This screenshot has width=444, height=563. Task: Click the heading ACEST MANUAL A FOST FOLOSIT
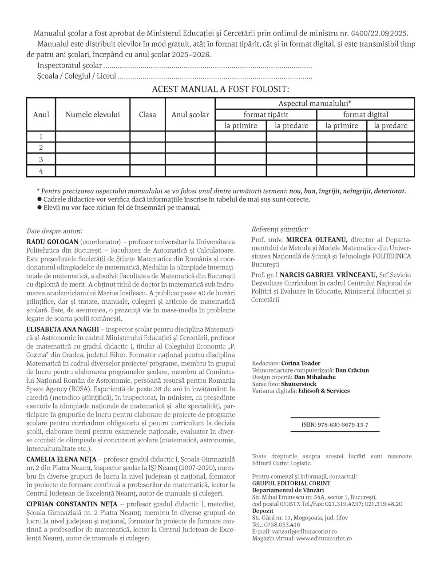pos(220,89)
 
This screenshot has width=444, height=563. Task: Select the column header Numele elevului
pos(93,115)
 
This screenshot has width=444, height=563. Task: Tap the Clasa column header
pos(147,115)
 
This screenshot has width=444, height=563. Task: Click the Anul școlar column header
pos(190,115)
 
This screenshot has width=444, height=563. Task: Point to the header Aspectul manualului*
pos(315,103)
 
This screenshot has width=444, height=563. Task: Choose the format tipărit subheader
pos(266,115)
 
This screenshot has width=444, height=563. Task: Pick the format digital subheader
pos(365,115)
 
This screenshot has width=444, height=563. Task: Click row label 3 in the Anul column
pos(41,159)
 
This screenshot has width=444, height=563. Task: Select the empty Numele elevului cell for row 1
pos(93,137)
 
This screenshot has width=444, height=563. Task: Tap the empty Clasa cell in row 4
pos(147,171)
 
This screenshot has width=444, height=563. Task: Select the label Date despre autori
pos(55,231)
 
